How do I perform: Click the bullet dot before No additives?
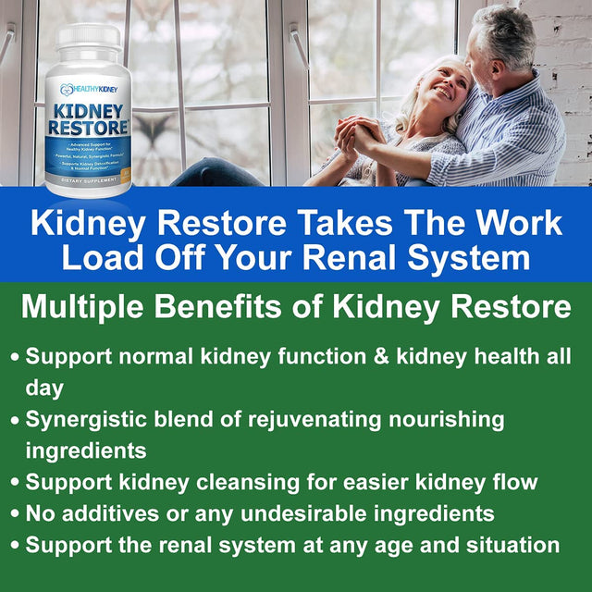15,514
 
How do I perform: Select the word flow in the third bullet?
515,482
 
